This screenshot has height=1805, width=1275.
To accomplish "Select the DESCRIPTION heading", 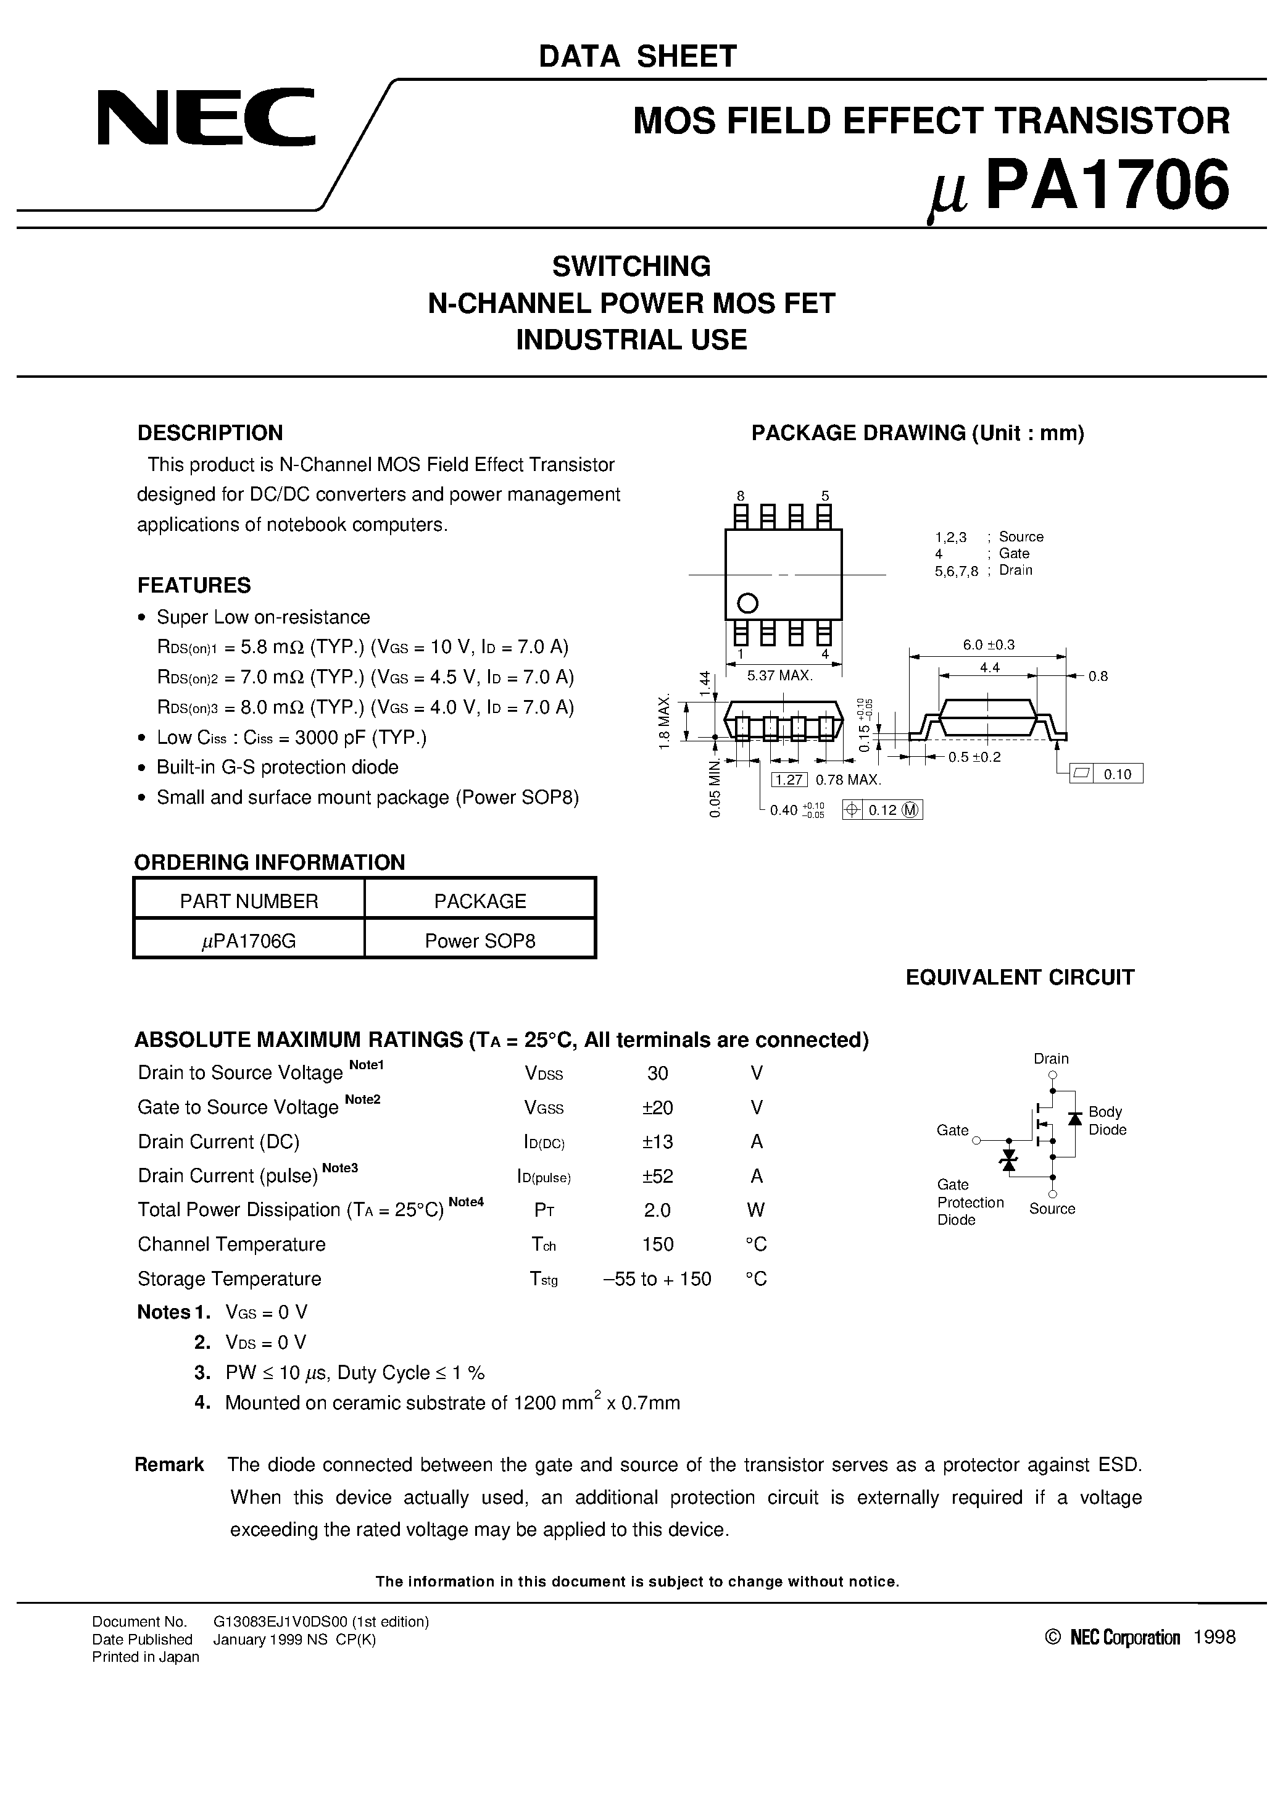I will click(x=210, y=433).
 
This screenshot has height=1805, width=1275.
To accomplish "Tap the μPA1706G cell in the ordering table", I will click(x=249, y=941).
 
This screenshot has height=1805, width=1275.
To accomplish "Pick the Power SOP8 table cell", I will click(x=480, y=941).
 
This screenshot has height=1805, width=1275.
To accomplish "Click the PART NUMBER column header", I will click(x=249, y=901).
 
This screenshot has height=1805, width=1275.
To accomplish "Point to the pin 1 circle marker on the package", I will click(x=747, y=604).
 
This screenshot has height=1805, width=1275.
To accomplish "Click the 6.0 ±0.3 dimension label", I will click(x=988, y=644).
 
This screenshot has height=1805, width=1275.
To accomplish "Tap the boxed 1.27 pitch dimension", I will click(x=789, y=780).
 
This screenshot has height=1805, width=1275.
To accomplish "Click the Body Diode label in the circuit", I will click(x=1107, y=1121).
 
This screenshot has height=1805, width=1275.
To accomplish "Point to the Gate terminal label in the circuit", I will click(x=952, y=1130).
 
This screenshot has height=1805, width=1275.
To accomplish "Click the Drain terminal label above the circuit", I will click(x=1051, y=1059).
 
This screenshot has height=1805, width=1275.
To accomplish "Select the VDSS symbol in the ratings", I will click(x=543, y=1074).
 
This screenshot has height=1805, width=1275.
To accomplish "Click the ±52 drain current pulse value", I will click(x=657, y=1176).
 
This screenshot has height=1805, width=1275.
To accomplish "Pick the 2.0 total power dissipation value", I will click(x=657, y=1210).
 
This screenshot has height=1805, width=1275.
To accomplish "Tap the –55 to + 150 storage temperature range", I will click(x=657, y=1279).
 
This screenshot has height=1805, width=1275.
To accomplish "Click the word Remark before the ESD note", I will click(x=169, y=1465).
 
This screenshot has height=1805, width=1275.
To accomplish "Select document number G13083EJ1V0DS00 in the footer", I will click(x=321, y=1622).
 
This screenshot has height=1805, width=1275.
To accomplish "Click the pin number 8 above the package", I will click(x=741, y=495).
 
